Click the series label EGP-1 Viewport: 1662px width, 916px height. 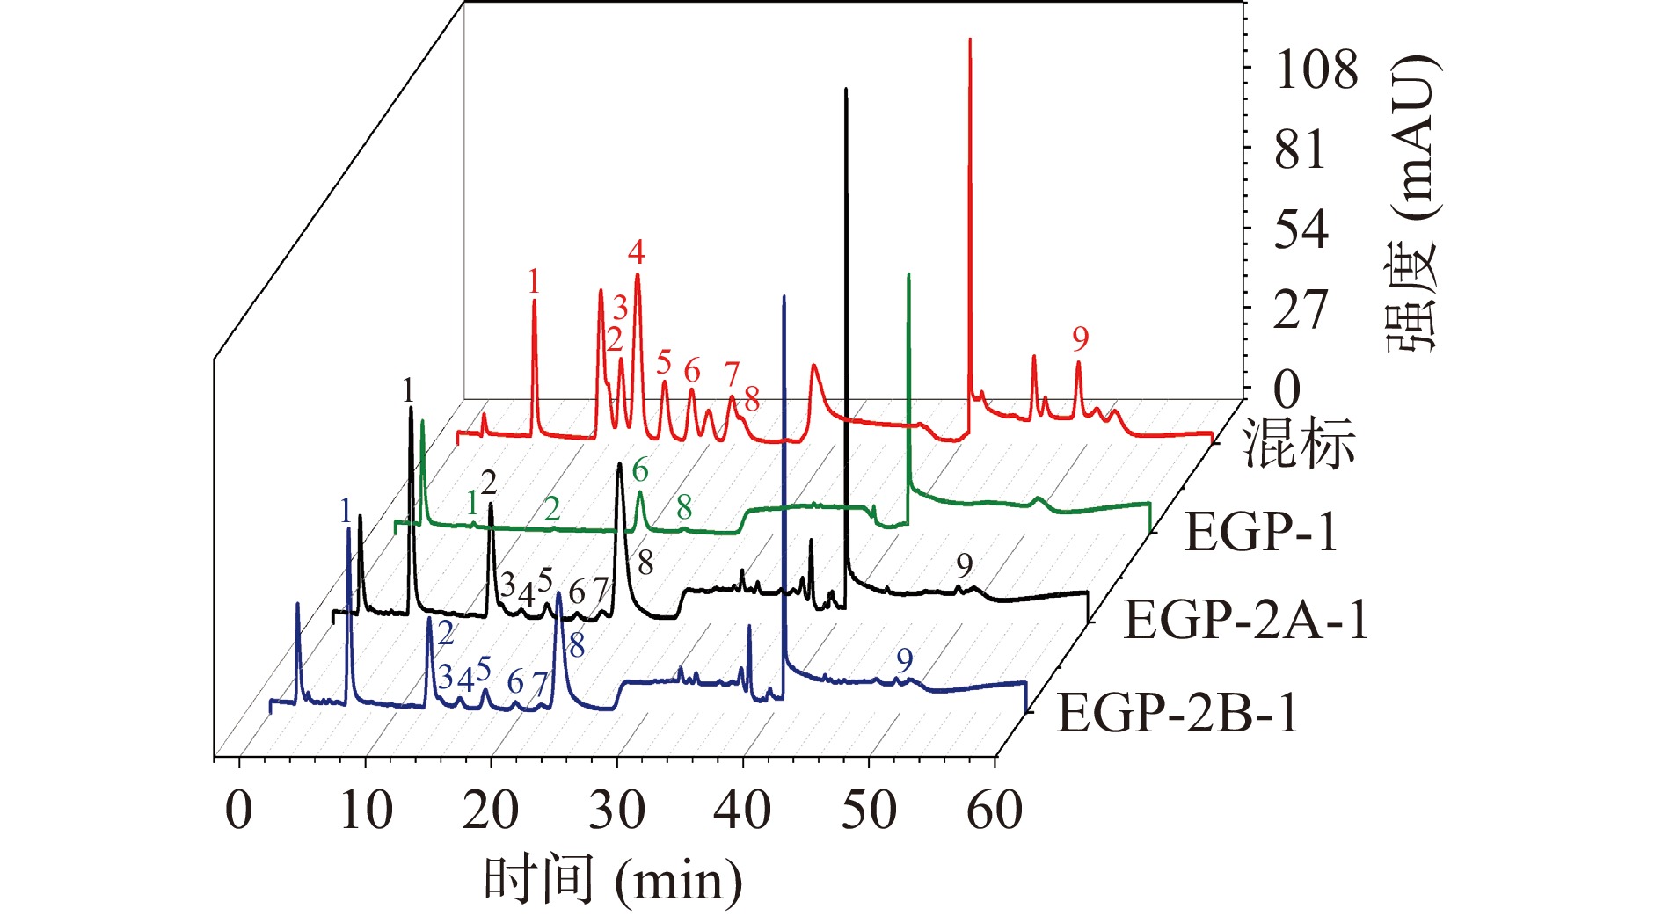[x=1261, y=532]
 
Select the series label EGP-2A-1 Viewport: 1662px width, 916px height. [x=1246, y=620]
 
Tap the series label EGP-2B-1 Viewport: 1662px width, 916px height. [x=1177, y=712]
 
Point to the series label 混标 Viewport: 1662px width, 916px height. [x=1298, y=443]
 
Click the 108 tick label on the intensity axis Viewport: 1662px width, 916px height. [x=1316, y=69]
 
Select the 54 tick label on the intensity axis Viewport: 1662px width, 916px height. [x=1301, y=229]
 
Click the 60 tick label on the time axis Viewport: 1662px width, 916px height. [x=995, y=810]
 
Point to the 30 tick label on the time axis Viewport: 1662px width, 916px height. [x=617, y=810]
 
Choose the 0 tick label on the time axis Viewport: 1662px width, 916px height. [x=239, y=810]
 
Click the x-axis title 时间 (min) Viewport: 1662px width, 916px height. [x=613, y=880]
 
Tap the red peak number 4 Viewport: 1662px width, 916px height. [x=637, y=253]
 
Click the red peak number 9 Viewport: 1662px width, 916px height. [x=1081, y=338]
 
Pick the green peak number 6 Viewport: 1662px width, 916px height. [x=640, y=471]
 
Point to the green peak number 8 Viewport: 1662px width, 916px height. [x=684, y=507]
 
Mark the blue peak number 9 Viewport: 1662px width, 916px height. [x=905, y=660]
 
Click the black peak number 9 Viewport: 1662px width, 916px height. [x=965, y=566]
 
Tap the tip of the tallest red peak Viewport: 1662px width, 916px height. [x=970, y=40]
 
